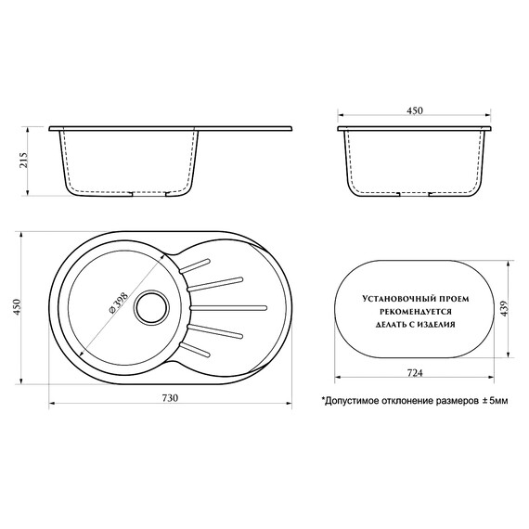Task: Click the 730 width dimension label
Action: tap(171, 398)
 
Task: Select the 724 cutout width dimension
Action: tap(415, 373)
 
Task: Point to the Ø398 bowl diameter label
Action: tap(119, 303)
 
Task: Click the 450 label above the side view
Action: tap(415, 110)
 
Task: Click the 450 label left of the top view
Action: tap(17, 307)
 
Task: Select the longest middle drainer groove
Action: tap(228, 308)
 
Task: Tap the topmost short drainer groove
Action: tap(195, 265)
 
